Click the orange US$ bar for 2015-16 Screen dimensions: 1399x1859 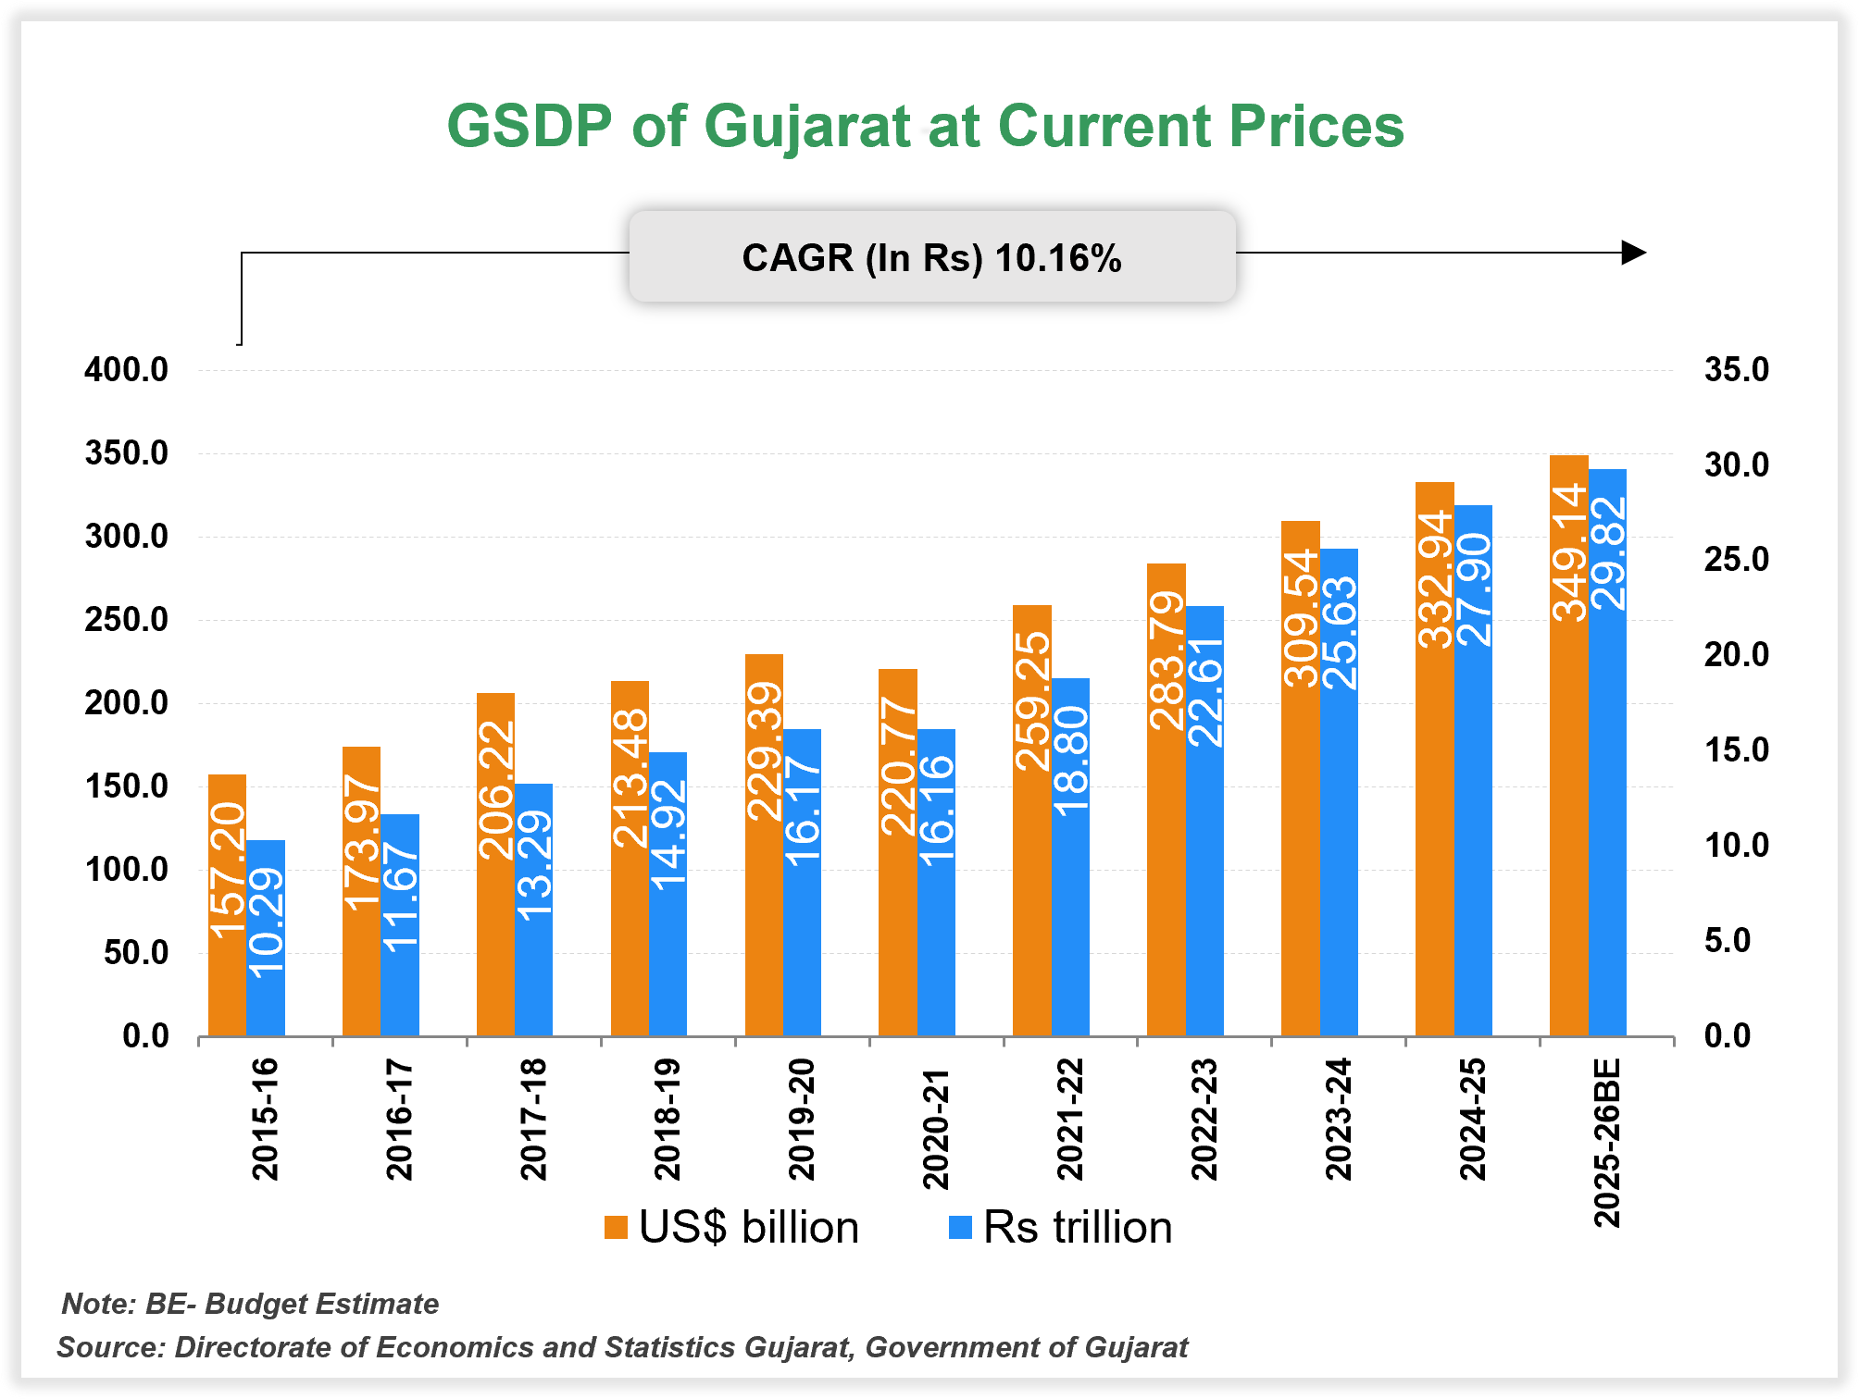pyautogui.click(x=227, y=907)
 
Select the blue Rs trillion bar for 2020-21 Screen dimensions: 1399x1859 pyautogui.click(x=936, y=884)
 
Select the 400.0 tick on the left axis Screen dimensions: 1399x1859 pyautogui.click(x=127, y=370)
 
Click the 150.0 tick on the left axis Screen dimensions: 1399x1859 pyautogui.click(x=127, y=786)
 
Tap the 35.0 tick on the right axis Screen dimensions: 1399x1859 pyautogui.click(x=1736, y=370)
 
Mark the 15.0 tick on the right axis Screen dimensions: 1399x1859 pyautogui.click(x=1736, y=750)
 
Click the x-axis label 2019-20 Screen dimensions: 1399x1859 pyautogui.click(x=802, y=1120)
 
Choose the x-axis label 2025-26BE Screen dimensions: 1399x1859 pyautogui.click(x=1607, y=1144)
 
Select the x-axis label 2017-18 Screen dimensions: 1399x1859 pyautogui.click(x=533, y=1120)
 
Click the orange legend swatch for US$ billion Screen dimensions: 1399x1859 pyautogui.click(x=616, y=1228)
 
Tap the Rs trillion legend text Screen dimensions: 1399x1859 pyautogui.click(x=1078, y=1228)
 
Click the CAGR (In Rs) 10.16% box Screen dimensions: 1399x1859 pyautogui.click(x=931, y=257)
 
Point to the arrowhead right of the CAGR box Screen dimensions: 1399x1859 pyautogui.click(x=1634, y=253)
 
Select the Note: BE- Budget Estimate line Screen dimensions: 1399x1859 pyautogui.click(x=250, y=1304)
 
